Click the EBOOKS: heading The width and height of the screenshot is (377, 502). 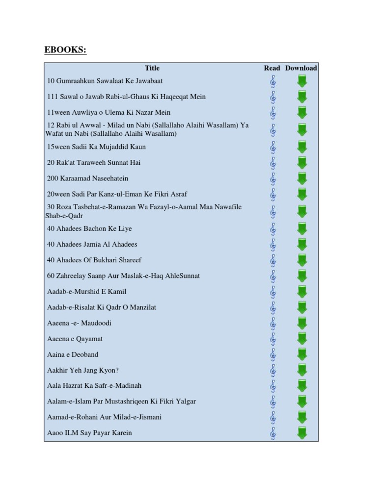point(65,50)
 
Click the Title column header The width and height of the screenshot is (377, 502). point(152,68)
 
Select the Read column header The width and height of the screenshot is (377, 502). point(272,68)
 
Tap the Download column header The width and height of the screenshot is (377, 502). point(301,68)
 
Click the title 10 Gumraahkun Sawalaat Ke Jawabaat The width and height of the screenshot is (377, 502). point(105,81)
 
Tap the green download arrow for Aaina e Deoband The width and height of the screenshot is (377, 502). point(302,354)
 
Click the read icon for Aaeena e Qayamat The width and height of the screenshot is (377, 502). point(273,339)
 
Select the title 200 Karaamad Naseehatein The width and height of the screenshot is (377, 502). point(87,178)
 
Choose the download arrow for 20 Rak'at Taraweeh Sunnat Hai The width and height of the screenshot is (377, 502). point(302,163)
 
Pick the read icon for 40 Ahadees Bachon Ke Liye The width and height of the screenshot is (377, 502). point(273,228)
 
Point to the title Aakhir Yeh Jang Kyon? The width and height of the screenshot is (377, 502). point(83,370)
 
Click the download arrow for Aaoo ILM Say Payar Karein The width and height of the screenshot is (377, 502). point(302,433)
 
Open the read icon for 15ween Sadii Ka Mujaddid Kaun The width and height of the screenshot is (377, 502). point(273,147)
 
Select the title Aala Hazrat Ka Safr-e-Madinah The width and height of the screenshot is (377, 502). point(94,386)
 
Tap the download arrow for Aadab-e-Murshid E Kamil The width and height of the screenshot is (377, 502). point(302,292)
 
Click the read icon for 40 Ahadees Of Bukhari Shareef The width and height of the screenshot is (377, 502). point(273,260)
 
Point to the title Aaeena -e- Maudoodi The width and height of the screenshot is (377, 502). point(79,323)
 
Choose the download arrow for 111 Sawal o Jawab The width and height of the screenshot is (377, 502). point(302,97)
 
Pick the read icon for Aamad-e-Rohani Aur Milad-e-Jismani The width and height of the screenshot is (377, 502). point(273,418)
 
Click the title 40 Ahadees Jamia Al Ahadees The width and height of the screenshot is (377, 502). point(92,244)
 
